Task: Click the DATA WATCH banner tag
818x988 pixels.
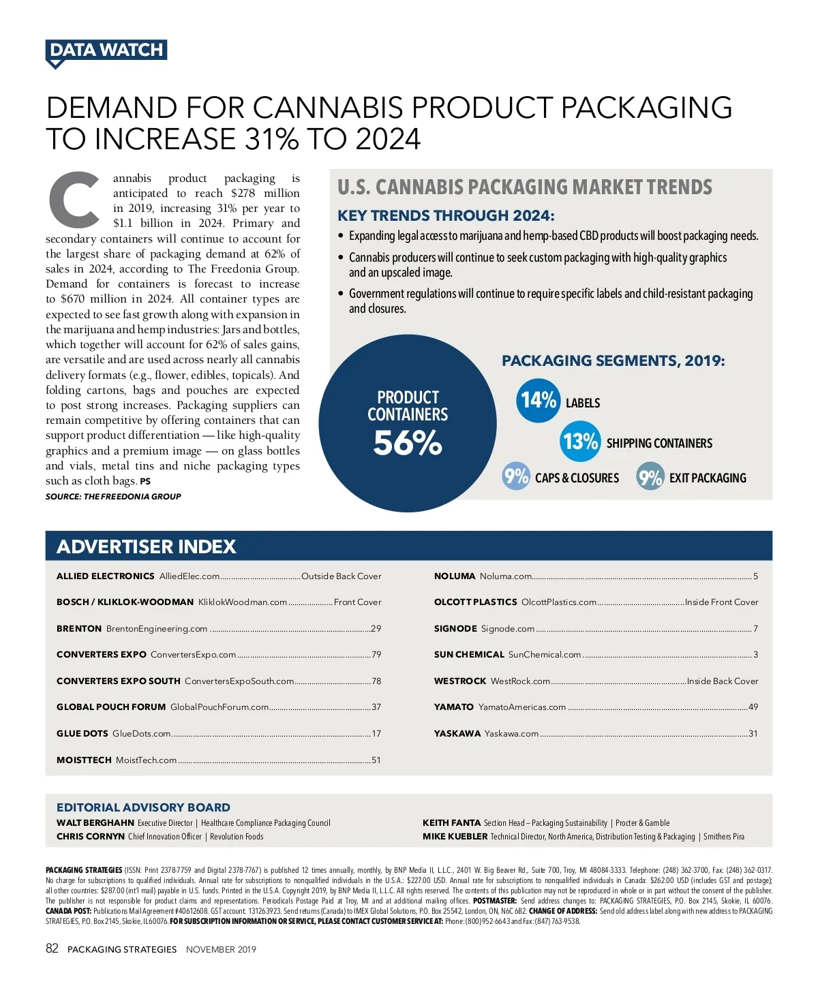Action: click(x=106, y=50)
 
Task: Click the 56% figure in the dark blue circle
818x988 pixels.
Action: click(x=408, y=443)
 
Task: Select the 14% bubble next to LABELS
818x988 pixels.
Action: click(x=538, y=401)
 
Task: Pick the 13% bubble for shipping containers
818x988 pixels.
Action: click(x=580, y=442)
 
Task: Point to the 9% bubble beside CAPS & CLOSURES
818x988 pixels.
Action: click(x=516, y=476)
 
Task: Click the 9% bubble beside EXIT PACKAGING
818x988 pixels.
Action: click(x=650, y=476)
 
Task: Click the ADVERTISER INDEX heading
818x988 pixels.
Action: click(x=147, y=546)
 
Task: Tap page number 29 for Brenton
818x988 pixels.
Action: click(x=376, y=628)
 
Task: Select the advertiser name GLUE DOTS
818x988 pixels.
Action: click(x=82, y=733)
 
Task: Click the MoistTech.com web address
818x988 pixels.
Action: click(x=146, y=760)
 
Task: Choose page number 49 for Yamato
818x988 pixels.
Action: click(x=753, y=707)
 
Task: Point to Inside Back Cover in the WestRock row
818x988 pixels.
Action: click(x=722, y=681)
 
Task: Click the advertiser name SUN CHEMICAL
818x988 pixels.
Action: click(x=469, y=654)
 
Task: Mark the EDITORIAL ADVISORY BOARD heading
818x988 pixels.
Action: click(x=143, y=807)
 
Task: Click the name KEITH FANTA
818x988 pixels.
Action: click(x=451, y=822)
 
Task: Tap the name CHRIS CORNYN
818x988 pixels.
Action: click(x=91, y=836)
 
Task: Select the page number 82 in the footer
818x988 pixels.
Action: click(x=52, y=948)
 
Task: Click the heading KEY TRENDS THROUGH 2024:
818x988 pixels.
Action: click(x=446, y=216)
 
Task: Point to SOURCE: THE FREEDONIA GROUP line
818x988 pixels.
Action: click(x=113, y=497)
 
